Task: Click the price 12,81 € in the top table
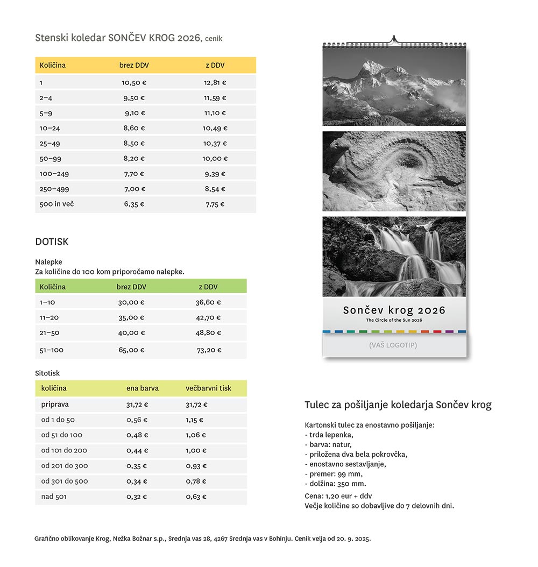click(x=215, y=83)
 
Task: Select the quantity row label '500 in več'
click(x=56, y=204)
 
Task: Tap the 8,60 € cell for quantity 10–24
click(x=134, y=128)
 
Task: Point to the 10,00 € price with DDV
click(x=215, y=159)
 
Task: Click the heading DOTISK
click(x=52, y=242)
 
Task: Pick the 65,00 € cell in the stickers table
click(x=131, y=350)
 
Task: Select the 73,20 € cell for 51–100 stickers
click(x=208, y=350)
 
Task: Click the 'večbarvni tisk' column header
click(x=208, y=388)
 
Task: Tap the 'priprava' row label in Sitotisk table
click(x=55, y=404)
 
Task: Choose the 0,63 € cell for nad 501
click(x=196, y=497)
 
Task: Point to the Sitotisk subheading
click(x=47, y=373)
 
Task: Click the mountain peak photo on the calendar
click(x=394, y=86)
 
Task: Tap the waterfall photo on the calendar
click(x=394, y=256)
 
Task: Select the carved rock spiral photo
click(x=394, y=171)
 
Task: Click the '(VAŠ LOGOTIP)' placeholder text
click(x=393, y=345)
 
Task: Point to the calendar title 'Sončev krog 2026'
click(x=394, y=310)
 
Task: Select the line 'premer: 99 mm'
click(x=335, y=474)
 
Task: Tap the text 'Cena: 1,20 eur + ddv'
click(x=338, y=496)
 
